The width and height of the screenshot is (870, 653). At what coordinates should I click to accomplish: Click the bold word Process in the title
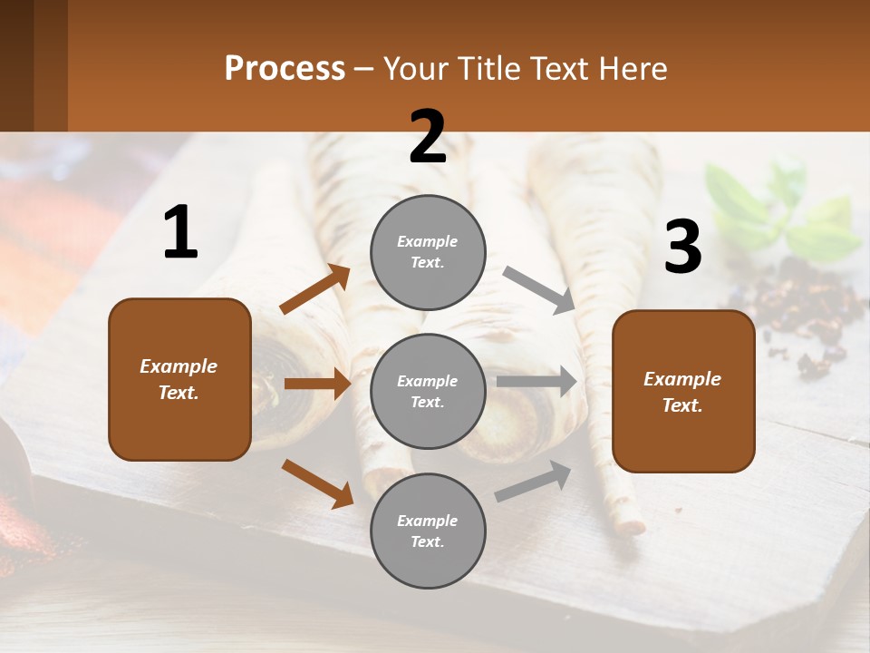pos(285,69)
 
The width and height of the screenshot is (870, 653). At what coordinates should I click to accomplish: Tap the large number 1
pos(180,233)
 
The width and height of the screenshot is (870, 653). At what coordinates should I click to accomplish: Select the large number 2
pos(428,137)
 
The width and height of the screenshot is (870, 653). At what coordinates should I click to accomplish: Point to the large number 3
pos(682,248)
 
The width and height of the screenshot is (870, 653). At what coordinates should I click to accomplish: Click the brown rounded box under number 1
pos(179,379)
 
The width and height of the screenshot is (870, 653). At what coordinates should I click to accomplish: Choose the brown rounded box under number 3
pos(683,391)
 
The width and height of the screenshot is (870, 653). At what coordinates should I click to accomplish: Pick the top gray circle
pos(428,252)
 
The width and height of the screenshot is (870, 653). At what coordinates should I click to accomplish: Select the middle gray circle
pos(428,391)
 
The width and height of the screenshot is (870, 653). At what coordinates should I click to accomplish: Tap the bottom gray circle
pos(428,531)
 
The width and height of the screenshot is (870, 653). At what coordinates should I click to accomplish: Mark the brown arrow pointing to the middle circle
pos(317,384)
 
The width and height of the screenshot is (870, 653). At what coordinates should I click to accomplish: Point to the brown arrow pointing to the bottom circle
pos(317,483)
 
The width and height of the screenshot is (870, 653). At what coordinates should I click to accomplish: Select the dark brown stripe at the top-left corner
pos(16,63)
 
